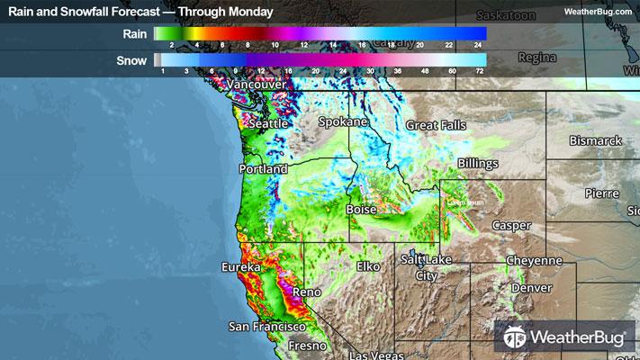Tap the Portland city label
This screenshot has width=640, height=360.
(263, 168)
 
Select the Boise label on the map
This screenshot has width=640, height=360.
(362, 209)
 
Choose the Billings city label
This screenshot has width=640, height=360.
(477, 162)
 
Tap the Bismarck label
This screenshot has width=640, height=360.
(596, 141)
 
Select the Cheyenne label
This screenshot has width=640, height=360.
(534, 260)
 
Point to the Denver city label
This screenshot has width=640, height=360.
(531, 289)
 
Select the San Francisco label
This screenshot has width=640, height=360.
(268, 325)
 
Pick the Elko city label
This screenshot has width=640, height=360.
(368, 266)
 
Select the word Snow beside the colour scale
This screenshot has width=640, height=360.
(132, 60)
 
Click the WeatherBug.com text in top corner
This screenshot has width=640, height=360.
(598, 12)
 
